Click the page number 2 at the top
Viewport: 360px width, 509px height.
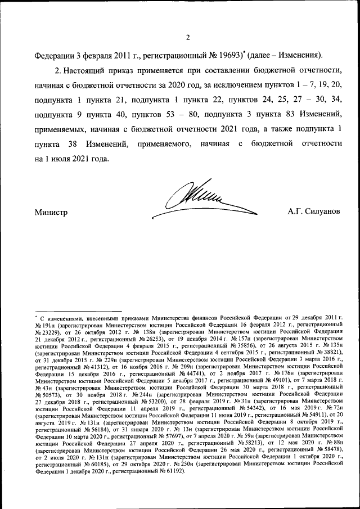point(188,38)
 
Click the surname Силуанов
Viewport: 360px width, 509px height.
point(322,212)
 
